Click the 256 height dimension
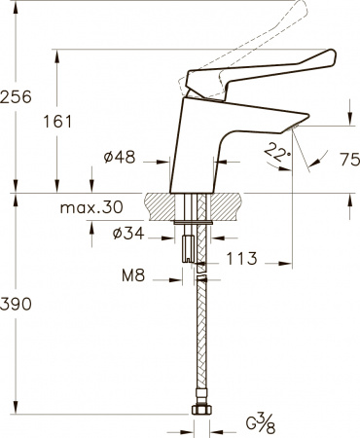[x=16, y=97]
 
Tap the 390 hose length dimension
[x=16, y=305]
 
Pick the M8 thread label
[x=135, y=277]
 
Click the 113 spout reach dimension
[x=241, y=259]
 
